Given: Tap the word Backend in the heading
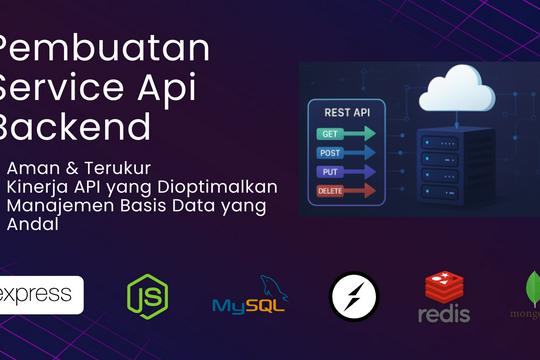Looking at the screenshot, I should [75, 127].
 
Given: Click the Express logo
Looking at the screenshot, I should [41, 295].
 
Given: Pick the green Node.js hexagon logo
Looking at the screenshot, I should [147, 295].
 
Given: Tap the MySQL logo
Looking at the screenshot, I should [250, 296].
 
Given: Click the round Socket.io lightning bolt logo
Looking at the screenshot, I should [354, 296].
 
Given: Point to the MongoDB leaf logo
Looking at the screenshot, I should [529, 295].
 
